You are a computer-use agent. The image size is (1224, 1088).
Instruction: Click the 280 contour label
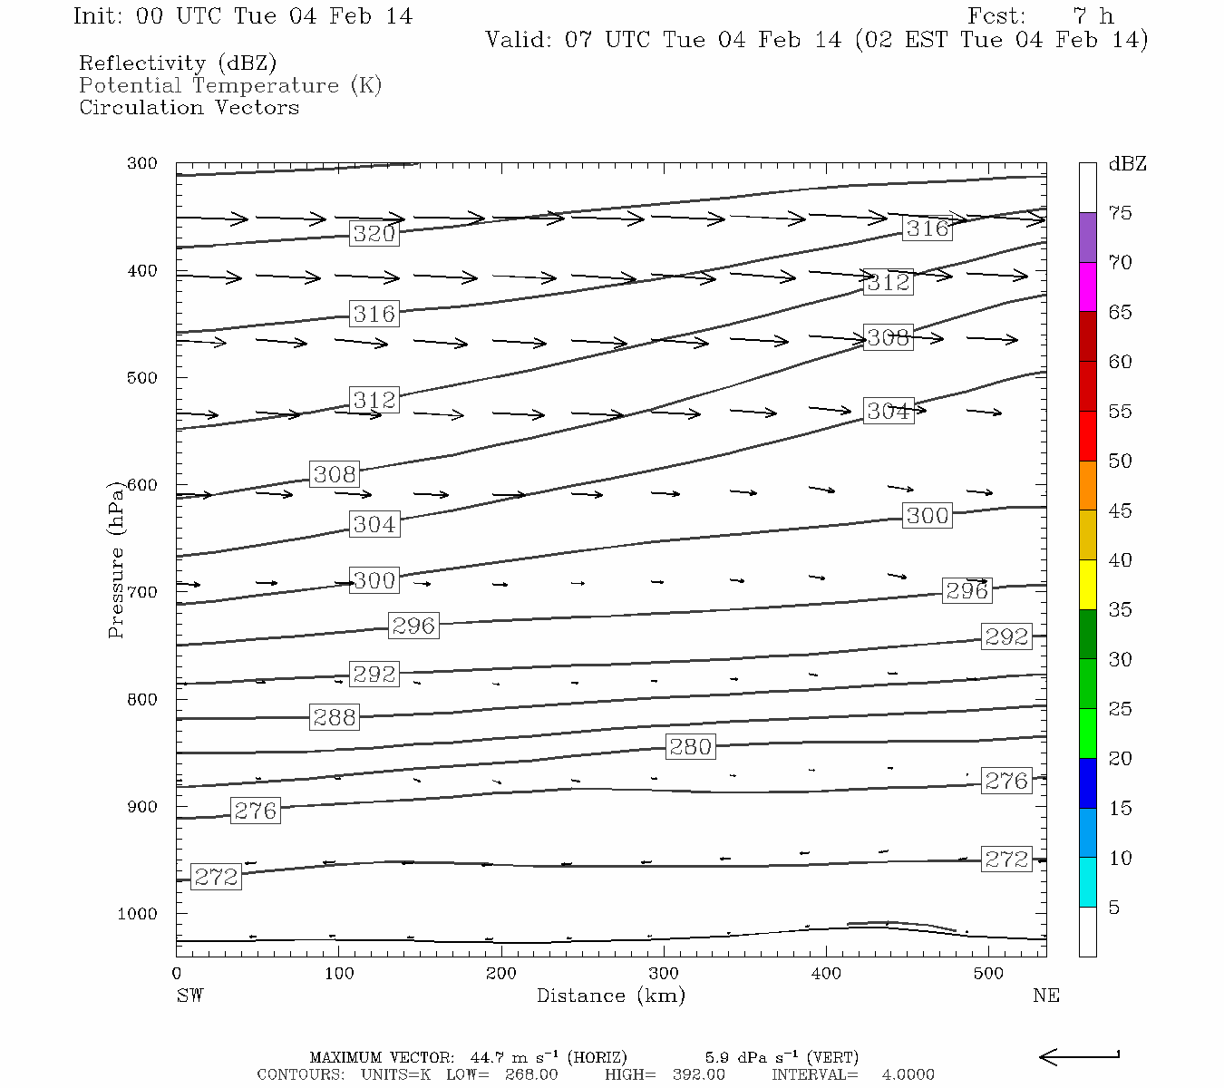coord(690,747)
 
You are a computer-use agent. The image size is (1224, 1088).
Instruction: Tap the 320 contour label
coord(374,234)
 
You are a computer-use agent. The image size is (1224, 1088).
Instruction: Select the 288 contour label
coord(335,717)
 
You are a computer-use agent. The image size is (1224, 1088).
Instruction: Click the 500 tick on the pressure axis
coord(142,378)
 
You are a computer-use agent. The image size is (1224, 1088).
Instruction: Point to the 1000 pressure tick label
coord(138,914)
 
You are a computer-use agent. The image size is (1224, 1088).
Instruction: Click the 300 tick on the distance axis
coord(665,974)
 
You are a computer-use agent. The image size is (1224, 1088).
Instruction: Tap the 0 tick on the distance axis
coord(177,974)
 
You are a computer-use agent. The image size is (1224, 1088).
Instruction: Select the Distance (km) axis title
coord(610,996)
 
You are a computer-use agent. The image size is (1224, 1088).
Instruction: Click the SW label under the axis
coord(189,996)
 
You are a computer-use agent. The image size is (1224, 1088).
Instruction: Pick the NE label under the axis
coord(1045,996)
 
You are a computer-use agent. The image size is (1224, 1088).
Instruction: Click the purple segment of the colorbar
coord(1087,238)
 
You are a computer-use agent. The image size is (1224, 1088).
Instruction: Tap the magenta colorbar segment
coord(1087,287)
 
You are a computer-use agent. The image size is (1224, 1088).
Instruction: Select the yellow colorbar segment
coord(1087,585)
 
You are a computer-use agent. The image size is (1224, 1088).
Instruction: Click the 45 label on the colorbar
coord(1120,511)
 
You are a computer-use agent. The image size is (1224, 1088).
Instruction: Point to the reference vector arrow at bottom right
coord(1079,1056)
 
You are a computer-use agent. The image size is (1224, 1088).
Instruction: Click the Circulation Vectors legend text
coord(189,108)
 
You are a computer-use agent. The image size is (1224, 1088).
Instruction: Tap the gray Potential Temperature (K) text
coord(230,86)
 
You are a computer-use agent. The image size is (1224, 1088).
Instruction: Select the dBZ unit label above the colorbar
coord(1127,164)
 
